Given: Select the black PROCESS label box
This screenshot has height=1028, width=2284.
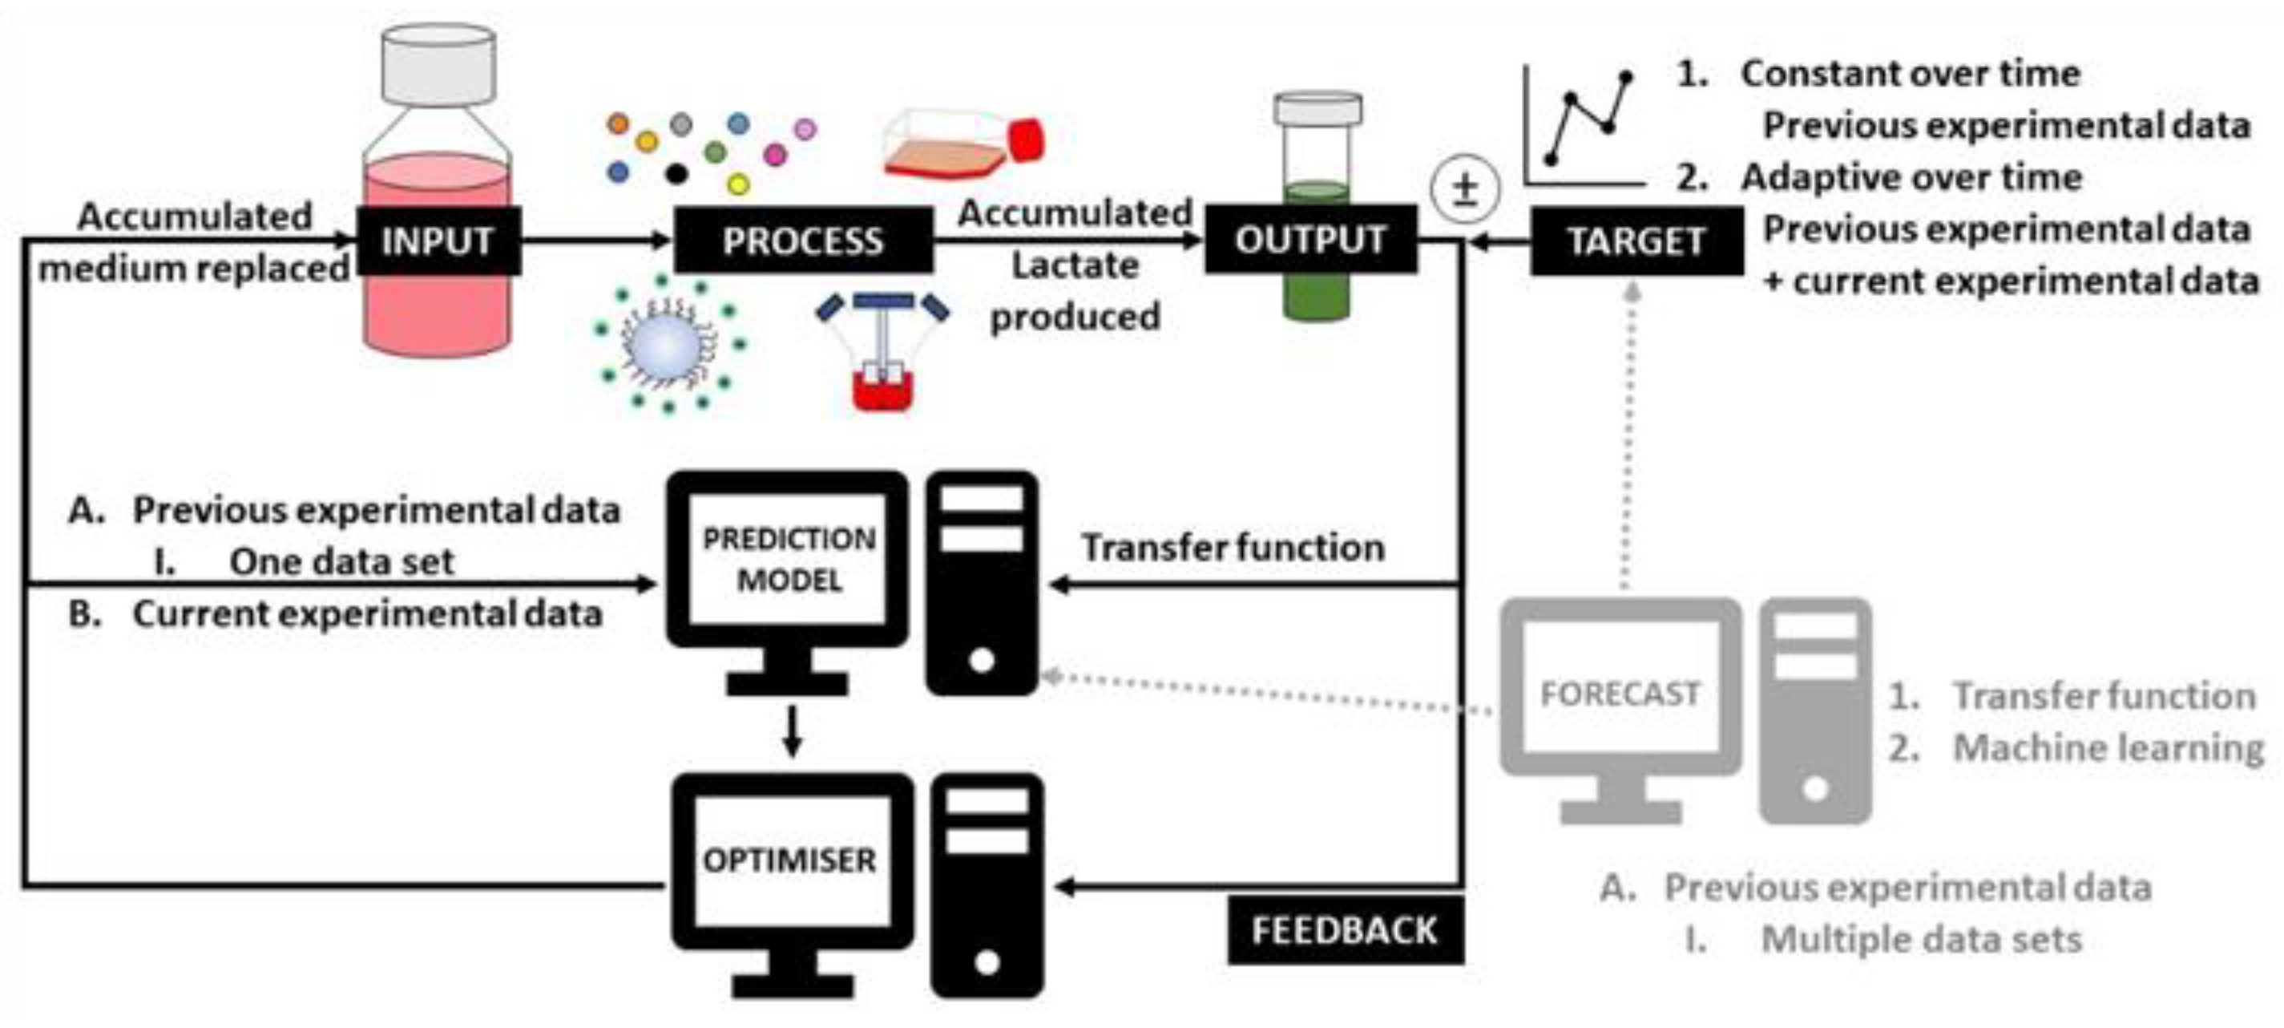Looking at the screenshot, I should point(802,241).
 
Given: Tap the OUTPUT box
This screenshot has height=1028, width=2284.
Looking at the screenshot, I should point(1309,239).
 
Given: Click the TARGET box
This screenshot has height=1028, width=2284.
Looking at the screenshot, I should point(1636,241).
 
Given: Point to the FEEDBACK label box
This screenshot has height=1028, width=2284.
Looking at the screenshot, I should point(1344,929).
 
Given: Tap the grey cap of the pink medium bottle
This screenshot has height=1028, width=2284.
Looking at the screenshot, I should point(438,64).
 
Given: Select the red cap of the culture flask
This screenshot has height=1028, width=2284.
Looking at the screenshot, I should point(1027,140).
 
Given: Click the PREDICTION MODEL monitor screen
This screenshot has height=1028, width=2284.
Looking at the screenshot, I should point(789,559).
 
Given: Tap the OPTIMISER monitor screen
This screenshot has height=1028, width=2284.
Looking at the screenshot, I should point(790,860).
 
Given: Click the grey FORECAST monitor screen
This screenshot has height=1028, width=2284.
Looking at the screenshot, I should point(1620,693).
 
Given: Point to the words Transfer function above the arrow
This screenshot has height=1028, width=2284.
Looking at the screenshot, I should point(1233,547).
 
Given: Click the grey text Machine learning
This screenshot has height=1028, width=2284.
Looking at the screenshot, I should point(2108,747).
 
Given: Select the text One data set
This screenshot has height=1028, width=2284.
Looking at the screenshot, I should point(341,561).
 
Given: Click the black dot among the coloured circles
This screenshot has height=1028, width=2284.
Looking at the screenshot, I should point(676,174).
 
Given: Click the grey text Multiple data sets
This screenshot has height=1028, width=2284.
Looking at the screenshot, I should point(1920,938).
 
